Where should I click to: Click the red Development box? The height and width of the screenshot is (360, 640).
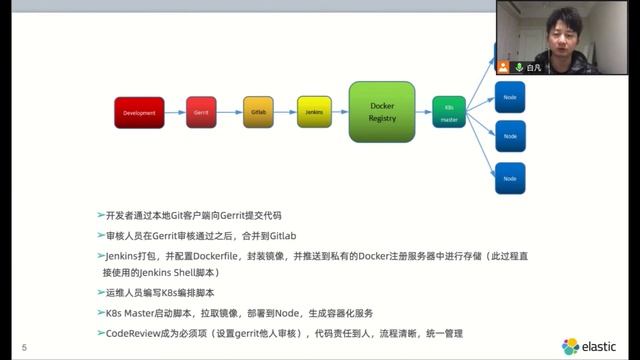tap(139, 113)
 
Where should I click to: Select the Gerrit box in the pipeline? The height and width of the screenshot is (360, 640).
tap(200, 113)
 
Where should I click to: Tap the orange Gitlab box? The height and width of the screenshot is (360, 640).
tap(257, 113)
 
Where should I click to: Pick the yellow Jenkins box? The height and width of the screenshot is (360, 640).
tap(314, 113)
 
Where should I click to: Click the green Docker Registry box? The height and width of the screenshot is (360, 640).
tap(382, 112)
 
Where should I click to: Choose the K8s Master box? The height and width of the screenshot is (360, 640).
tap(449, 113)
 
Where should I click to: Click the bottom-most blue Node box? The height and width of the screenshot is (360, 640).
tap(510, 178)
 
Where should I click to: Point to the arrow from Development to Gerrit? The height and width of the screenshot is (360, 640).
tap(174, 113)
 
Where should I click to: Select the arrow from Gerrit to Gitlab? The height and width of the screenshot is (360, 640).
tap(229, 113)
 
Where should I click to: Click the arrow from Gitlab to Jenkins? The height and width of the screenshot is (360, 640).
tap(285, 113)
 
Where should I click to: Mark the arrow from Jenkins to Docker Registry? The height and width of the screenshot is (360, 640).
tap(340, 113)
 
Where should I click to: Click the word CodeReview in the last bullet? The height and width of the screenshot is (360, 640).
tap(133, 332)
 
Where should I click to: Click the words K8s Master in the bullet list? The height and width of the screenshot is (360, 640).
tap(139, 313)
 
